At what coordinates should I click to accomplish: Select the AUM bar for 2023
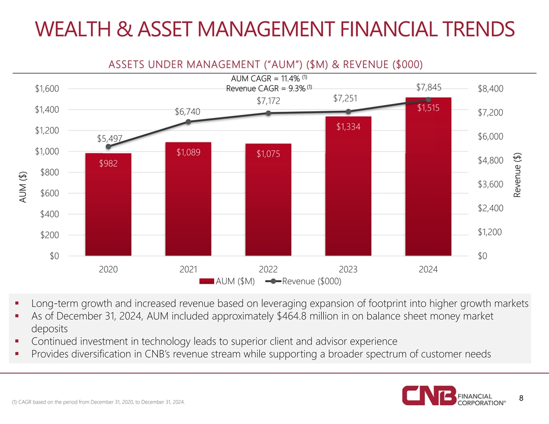point(348,187)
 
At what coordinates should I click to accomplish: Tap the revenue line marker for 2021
point(188,122)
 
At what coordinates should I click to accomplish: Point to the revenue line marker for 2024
point(428,99)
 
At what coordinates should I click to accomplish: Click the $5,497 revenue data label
point(109,138)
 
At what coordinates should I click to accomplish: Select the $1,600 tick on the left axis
point(47,89)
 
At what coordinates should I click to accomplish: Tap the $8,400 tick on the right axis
point(490,89)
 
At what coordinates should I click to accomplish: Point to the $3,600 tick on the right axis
point(490,184)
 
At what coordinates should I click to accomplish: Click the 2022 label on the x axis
point(268,270)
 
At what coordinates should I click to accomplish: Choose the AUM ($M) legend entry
point(227,282)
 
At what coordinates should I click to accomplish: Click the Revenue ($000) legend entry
point(304,282)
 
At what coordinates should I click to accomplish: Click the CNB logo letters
point(429,396)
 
